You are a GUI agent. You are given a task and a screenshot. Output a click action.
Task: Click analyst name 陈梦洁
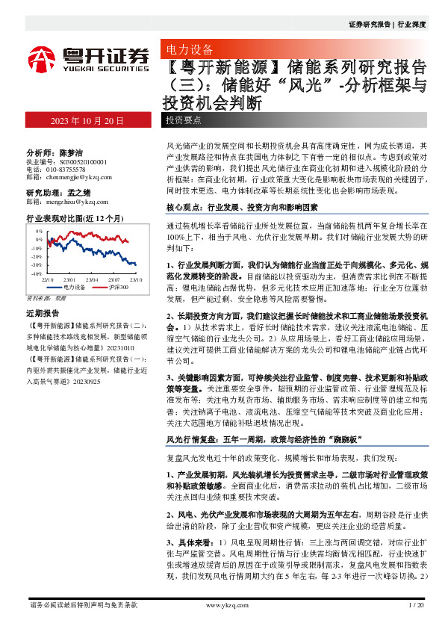[x=73, y=151]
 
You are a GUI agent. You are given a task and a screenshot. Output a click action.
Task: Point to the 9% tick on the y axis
[x=38, y=232]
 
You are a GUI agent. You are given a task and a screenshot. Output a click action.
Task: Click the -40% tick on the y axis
[x=37, y=274]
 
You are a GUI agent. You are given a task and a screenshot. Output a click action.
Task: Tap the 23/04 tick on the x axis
[x=93, y=279]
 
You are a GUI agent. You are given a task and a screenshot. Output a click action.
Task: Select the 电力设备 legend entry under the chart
[x=72, y=287]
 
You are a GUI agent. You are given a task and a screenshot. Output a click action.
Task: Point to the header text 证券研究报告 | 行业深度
[x=387, y=25]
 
